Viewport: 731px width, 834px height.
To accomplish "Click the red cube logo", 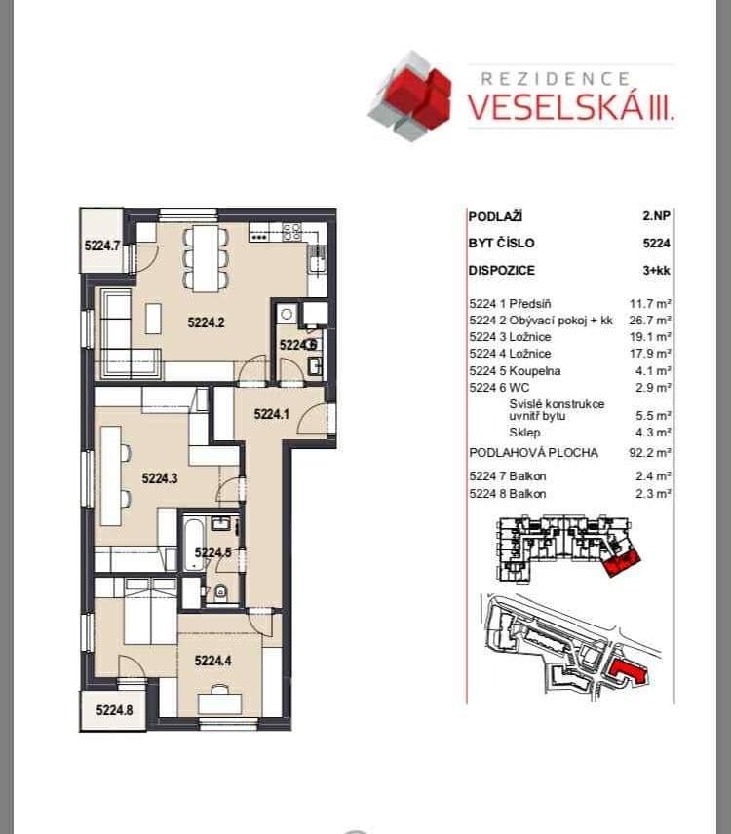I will pyautogui.click(x=411, y=95).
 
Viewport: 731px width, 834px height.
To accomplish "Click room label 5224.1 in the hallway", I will pyautogui.click(x=272, y=414).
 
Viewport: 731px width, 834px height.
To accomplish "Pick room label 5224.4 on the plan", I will pyautogui.click(x=214, y=661).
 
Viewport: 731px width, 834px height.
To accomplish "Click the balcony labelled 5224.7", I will pyautogui.click(x=101, y=246).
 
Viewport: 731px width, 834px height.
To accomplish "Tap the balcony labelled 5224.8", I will pyautogui.click(x=113, y=711).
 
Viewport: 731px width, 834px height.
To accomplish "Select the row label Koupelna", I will pyautogui.click(x=535, y=371).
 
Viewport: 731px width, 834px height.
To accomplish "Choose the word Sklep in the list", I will pyautogui.click(x=523, y=433).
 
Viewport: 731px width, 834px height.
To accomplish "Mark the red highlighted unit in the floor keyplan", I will pyautogui.click(x=619, y=561).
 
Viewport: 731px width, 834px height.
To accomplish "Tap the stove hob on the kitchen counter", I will pyautogui.click(x=290, y=231).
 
